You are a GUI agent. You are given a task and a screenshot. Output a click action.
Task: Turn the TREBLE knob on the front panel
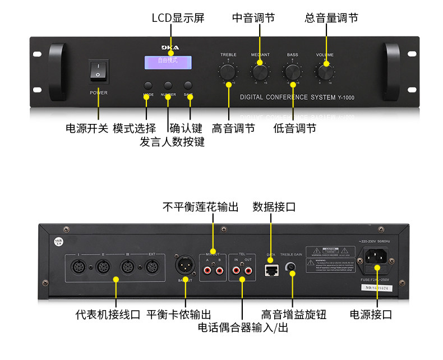(x=228, y=72)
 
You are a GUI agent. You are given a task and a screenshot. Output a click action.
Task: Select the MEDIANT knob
(x=260, y=72)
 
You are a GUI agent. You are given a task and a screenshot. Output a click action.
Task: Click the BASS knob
(x=292, y=72)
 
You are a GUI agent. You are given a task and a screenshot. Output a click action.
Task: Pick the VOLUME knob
(x=325, y=72)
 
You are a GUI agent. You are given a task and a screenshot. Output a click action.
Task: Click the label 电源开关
(x=87, y=128)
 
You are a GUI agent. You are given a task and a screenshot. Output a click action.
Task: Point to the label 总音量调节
(x=331, y=18)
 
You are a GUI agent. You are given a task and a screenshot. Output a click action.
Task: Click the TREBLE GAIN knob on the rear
(x=292, y=267)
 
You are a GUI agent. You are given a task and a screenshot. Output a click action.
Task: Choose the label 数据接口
(x=274, y=207)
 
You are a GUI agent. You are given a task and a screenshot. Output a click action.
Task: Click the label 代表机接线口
(x=108, y=314)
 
